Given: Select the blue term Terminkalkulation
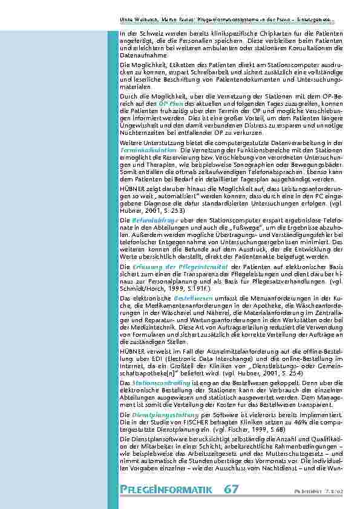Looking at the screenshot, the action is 149,149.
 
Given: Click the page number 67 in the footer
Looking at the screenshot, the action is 232,488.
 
